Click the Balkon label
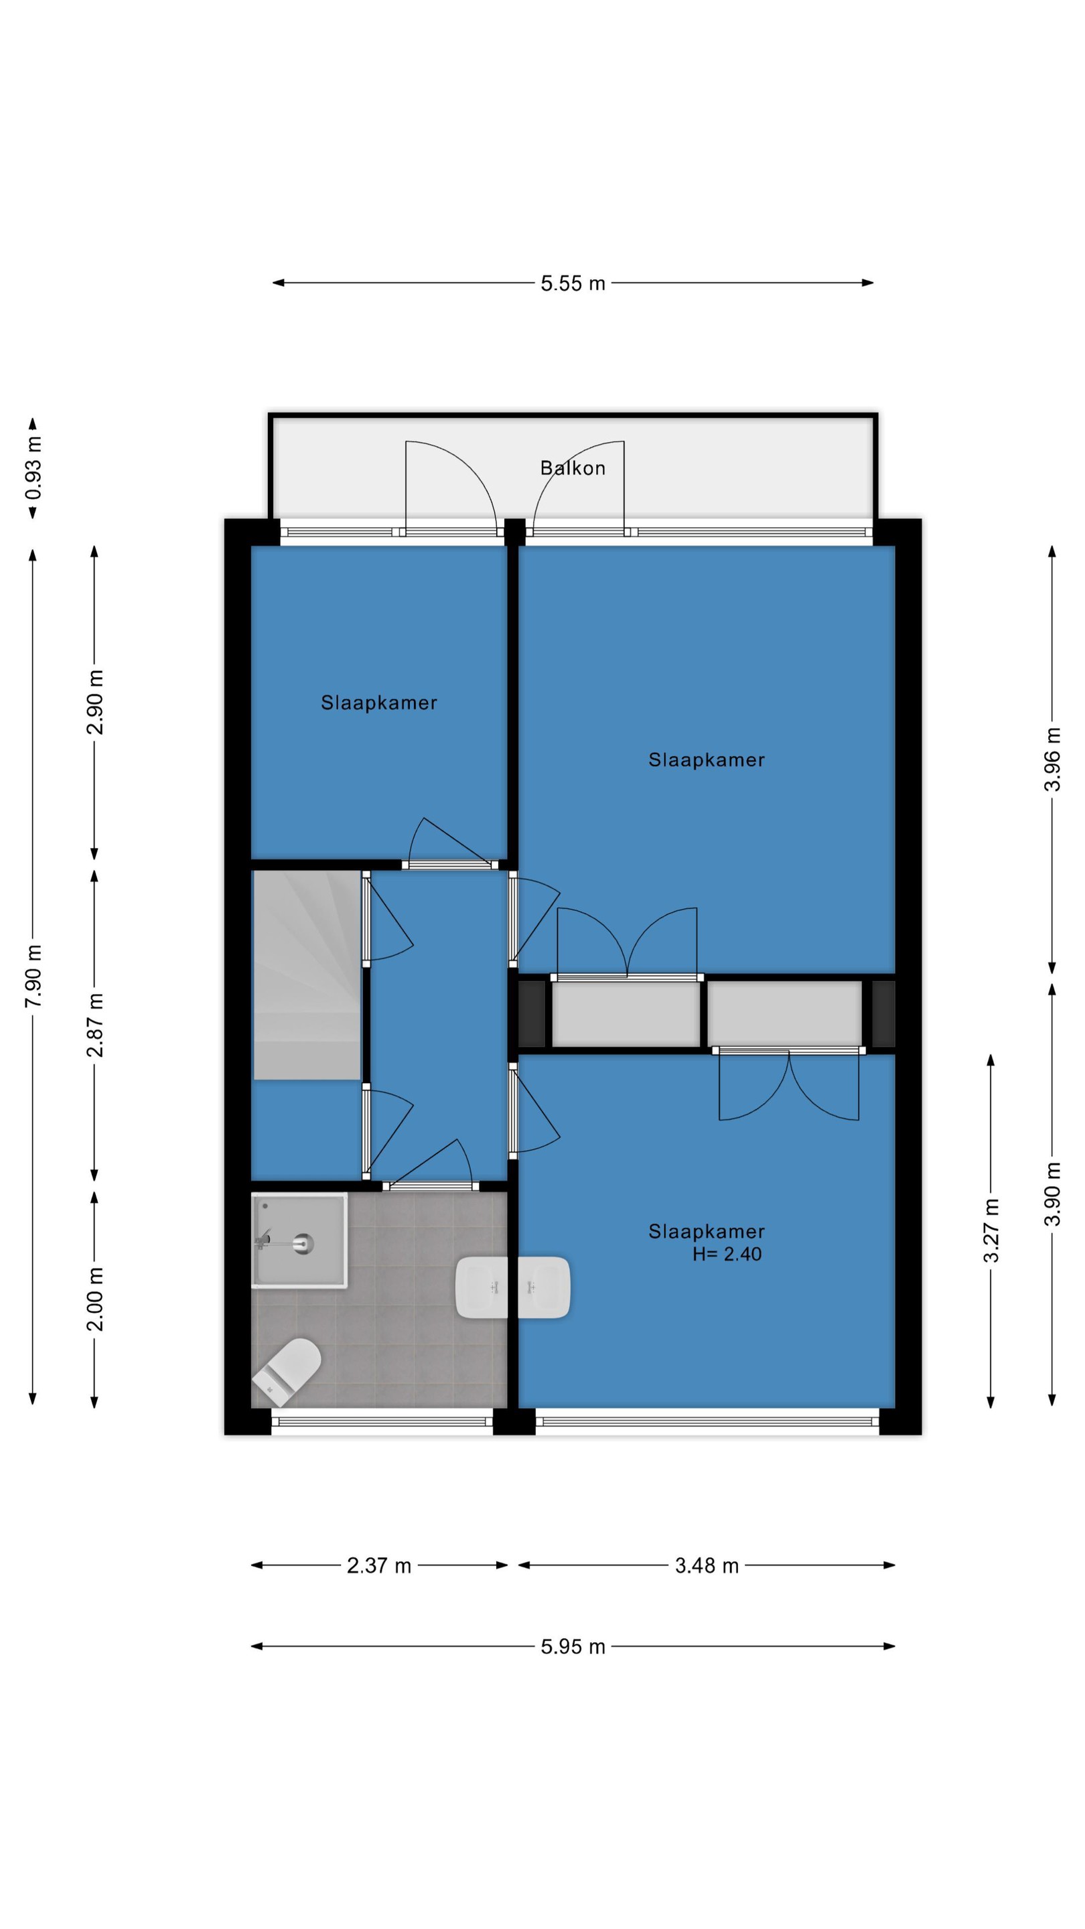[573, 468]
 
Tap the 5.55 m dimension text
[573, 283]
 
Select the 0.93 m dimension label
[33, 468]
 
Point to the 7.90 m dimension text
[33, 976]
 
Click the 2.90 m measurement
[95, 703]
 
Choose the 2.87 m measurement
[95, 1025]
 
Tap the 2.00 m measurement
[95, 1299]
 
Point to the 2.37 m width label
[379, 1565]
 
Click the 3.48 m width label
[707, 1565]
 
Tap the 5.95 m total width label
[573, 1647]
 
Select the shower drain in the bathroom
[303, 1244]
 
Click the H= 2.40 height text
[727, 1255]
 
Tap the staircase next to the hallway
[307, 975]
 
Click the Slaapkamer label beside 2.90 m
[379, 703]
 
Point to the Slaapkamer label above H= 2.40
[707, 1231]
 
